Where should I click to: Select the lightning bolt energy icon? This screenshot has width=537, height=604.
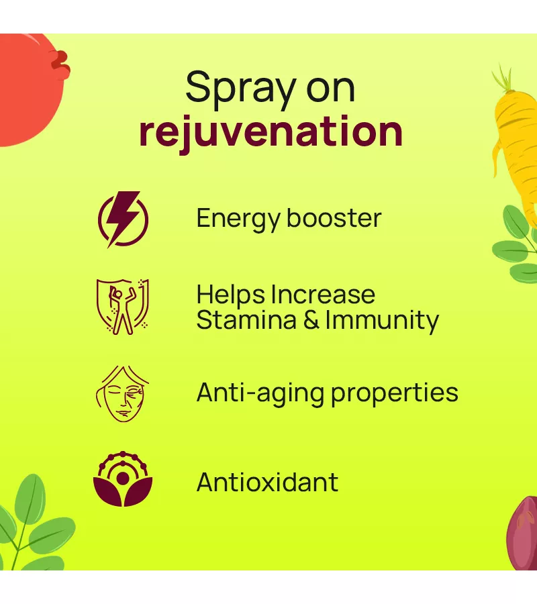tap(123, 219)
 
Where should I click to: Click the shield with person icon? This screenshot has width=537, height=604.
tap(122, 307)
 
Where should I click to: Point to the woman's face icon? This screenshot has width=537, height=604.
tap(122, 394)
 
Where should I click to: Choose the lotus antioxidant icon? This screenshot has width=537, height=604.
tap(123, 479)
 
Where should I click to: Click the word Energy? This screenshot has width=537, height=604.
tap(238, 219)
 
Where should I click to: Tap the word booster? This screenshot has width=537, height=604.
tap(334, 218)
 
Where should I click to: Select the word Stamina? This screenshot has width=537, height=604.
tap(246, 319)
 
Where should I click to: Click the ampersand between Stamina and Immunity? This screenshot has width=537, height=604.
tap(311, 320)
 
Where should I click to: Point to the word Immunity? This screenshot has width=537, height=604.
tap(382, 321)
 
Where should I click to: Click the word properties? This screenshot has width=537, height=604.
tap(395, 394)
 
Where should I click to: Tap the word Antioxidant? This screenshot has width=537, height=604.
tap(267, 482)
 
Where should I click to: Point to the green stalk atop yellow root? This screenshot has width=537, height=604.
tap(503, 79)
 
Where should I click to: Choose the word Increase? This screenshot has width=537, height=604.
tap(323, 295)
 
